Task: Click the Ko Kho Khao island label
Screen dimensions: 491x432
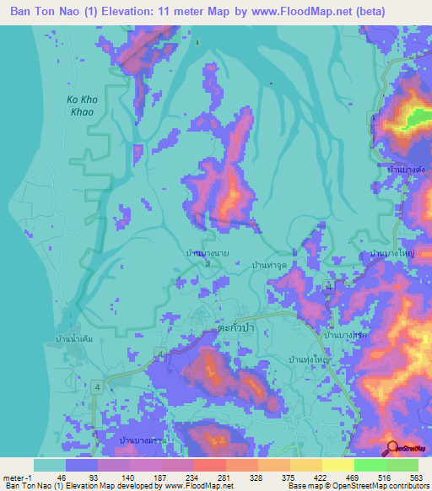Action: click(x=82, y=105)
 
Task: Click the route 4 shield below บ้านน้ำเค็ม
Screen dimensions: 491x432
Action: click(x=99, y=386)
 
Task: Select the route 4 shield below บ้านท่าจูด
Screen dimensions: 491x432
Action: click(x=329, y=287)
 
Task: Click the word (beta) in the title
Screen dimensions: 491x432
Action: click(x=369, y=12)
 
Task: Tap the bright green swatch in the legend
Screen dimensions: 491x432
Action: click(x=370, y=465)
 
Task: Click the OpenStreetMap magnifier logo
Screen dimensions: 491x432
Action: click(x=392, y=448)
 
